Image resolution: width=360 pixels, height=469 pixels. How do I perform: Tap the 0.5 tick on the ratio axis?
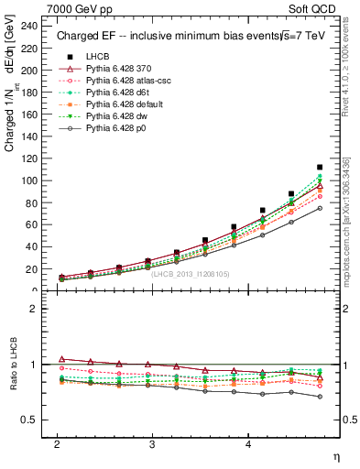34,420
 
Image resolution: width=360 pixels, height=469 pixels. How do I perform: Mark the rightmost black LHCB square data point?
320,168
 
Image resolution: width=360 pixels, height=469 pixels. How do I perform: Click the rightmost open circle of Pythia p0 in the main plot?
320,208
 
